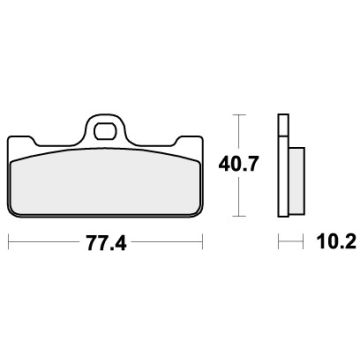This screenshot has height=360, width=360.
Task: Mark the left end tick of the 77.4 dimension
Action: pyautogui.click(x=9, y=242)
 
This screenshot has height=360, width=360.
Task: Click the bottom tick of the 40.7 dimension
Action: pyautogui.click(x=237, y=215)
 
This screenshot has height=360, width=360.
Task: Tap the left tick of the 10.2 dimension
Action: pyautogui.click(x=278, y=242)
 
